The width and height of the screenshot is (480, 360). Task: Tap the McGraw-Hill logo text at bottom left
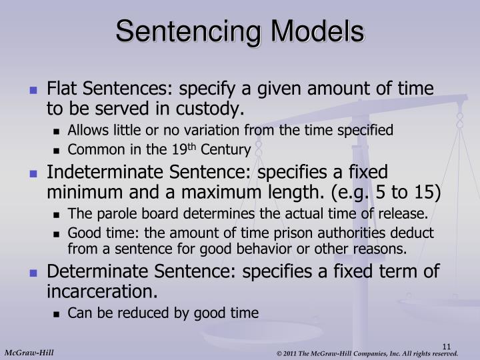pyautogui.click(x=29, y=352)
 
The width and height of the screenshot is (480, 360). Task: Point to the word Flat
pyautogui.click(x=61, y=89)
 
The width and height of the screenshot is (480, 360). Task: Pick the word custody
pyautogui.click(x=215, y=108)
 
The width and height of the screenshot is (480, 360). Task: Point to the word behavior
pyautogui.click(x=288, y=249)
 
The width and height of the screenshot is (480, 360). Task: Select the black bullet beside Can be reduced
pyautogui.click(x=58, y=313)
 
